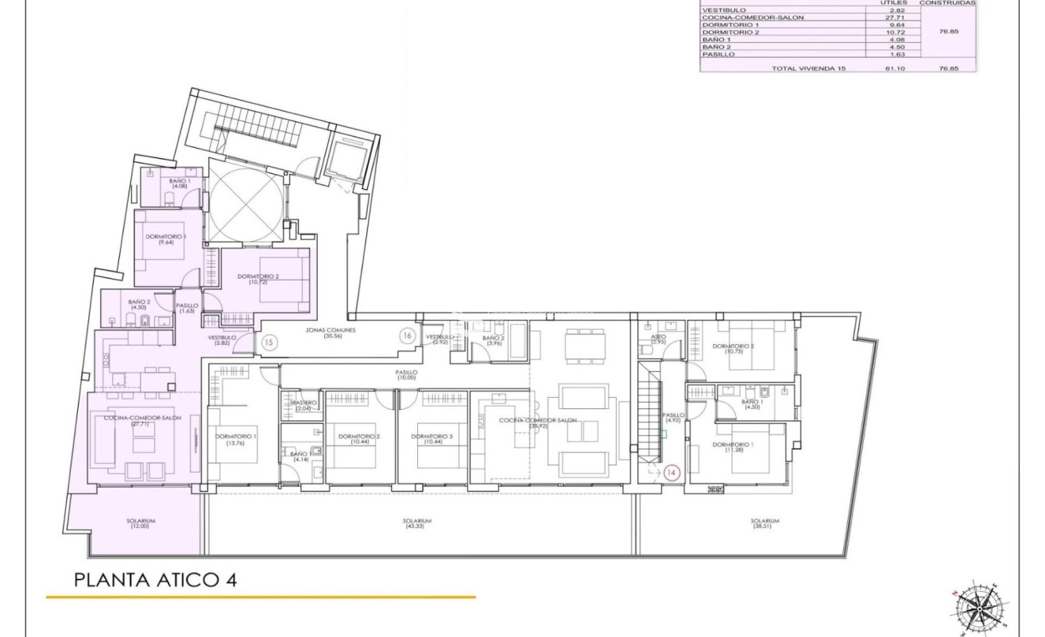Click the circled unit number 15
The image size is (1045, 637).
269,343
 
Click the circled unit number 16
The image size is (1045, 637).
407,336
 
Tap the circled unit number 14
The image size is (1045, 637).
671,473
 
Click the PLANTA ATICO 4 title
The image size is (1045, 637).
155,579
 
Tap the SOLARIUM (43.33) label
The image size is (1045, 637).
414,523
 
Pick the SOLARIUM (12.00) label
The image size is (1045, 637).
141,523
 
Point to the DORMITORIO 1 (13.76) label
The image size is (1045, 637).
236,438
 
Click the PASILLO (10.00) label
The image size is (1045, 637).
407,375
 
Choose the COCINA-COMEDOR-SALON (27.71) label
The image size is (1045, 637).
142,420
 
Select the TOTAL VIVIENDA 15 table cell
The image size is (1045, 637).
809,68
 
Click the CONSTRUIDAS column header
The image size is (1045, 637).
947,3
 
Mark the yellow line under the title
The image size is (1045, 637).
261,596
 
